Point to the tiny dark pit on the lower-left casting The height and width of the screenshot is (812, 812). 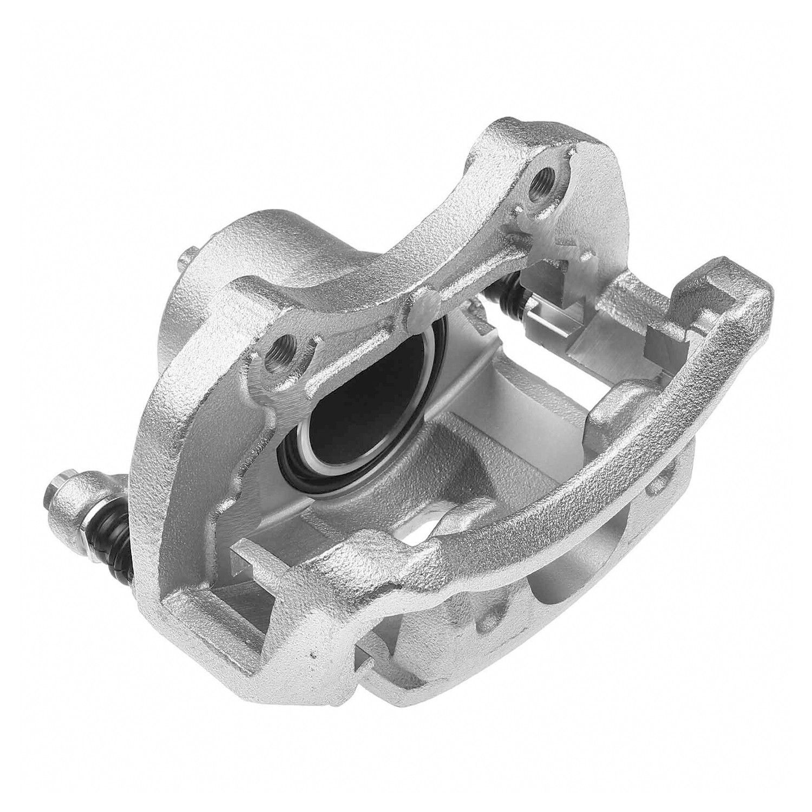(312, 657)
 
